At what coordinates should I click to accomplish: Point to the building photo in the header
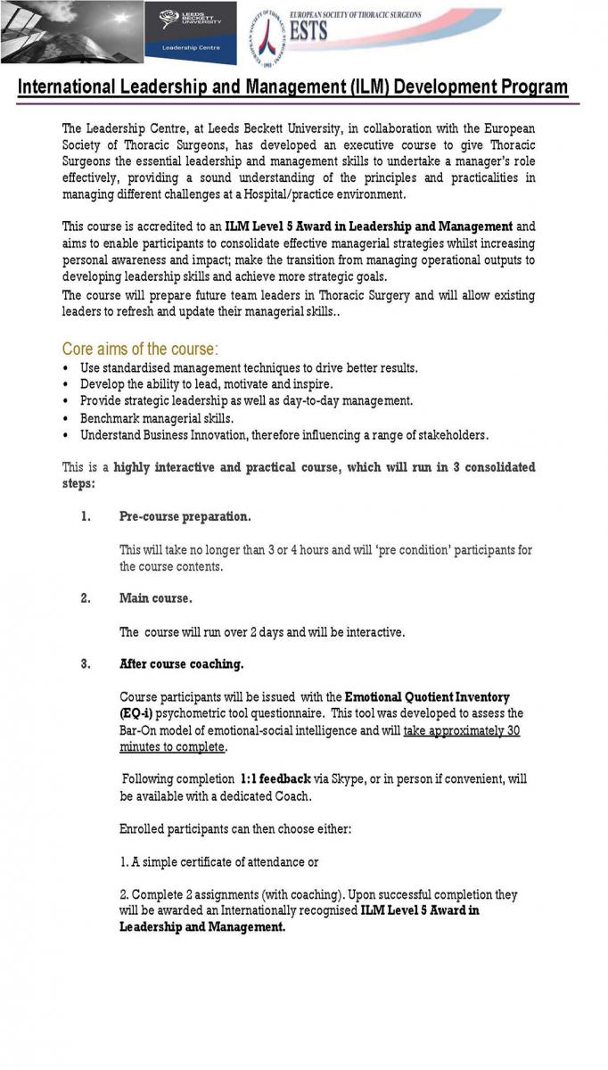pyautogui.click(x=71, y=32)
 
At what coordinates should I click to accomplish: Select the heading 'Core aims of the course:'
pyautogui.click(x=140, y=349)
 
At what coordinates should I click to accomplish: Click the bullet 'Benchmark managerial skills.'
pyautogui.click(x=157, y=418)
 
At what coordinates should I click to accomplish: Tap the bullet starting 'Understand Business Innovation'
pyautogui.click(x=283, y=435)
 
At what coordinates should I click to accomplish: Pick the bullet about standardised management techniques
pyautogui.click(x=249, y=367)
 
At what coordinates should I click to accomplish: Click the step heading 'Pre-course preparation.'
pyautogui.click(x=185, y=516)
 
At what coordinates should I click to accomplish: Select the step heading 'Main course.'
pyautogui.click(x=155, y=598)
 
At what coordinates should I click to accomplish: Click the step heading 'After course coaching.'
pyautogui.click(x=181, y=664)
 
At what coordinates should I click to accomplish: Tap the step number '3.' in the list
pyautogui.click(x=86, y=664)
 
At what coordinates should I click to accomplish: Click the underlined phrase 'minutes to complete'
pyautogui.click(x=172, y=747)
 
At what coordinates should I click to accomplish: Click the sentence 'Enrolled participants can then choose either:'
pyautogui.click(x=235, y=829)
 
